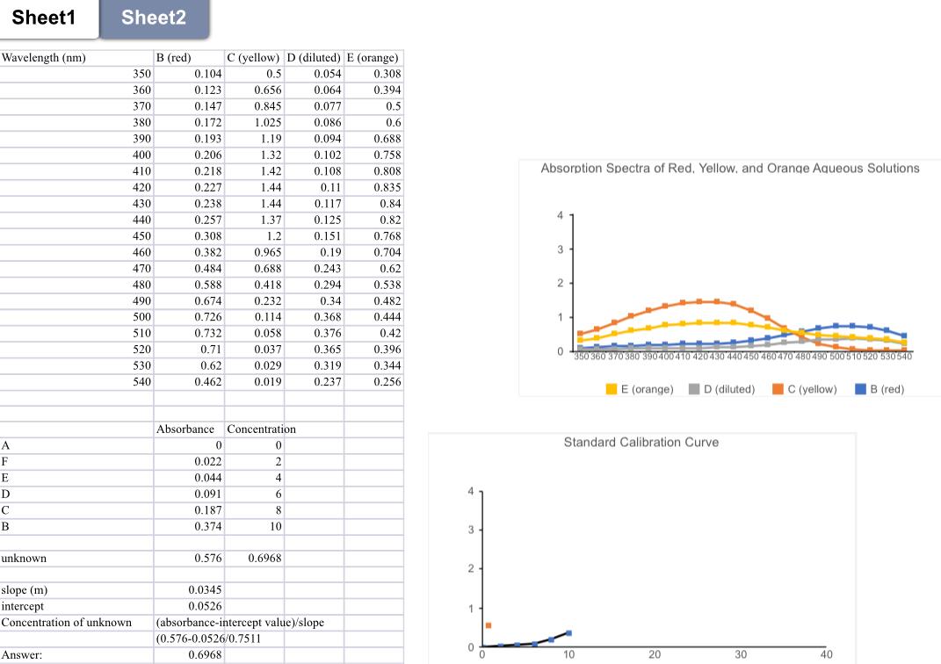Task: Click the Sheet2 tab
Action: pos(154,18)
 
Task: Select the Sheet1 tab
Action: pos(44,18)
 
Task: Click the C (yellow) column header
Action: pos(253,58)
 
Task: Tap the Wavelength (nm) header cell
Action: pos(44,58)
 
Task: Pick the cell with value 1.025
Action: pos(268,122)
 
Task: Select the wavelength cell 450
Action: pos(141,235)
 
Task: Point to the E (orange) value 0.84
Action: pos(390,204)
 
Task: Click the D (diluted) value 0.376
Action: pos(327,333)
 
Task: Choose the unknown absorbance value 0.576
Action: pos(207,558)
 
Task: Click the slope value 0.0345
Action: pos(205,590)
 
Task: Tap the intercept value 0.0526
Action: pos(205,606)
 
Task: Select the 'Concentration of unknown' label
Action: pos(67,623)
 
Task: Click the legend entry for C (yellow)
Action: pos(804,389)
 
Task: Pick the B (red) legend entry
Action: pos(879,389)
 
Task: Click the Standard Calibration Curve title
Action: pos(641,443)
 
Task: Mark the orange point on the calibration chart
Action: pos(489,625)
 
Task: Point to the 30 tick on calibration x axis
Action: pos(741,654)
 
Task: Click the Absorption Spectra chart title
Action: pos(730,169)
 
